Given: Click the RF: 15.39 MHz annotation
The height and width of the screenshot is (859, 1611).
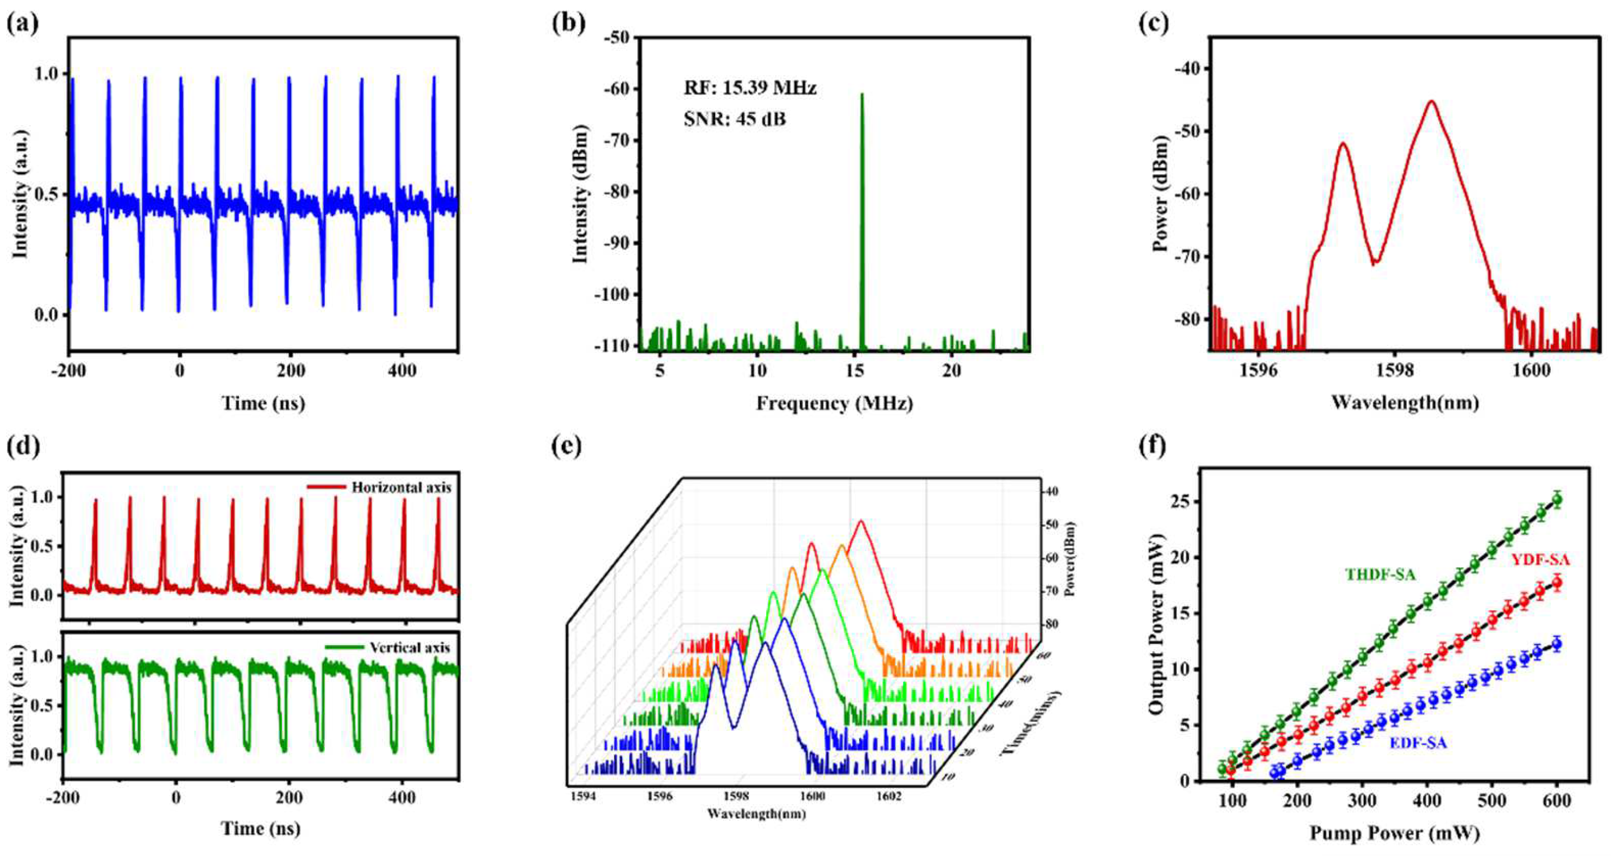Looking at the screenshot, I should (750, 88).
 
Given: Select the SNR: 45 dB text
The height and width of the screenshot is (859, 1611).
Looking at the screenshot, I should (734, 118).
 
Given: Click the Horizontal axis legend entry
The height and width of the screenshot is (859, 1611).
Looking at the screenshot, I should (400, 487).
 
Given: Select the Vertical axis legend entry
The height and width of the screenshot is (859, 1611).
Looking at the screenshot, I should (409, 647).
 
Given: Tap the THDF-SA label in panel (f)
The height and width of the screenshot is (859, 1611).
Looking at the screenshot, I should (1380, 574).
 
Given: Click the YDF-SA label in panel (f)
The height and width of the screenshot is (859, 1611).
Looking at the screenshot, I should (1540, 559).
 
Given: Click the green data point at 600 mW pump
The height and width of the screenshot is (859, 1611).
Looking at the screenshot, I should (1557, 500).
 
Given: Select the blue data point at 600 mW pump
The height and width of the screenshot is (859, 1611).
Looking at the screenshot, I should (1557, 644).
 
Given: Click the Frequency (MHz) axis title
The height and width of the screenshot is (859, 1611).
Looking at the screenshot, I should (834, 403).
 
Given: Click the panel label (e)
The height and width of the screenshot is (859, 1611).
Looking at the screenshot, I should (567, 446).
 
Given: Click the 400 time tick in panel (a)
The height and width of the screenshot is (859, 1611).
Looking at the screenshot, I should (402, 371).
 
